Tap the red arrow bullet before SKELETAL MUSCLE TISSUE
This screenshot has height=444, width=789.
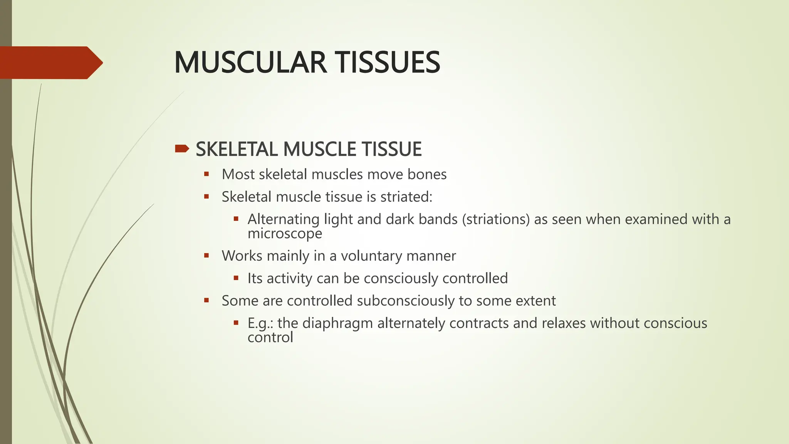click(x=182, y=149)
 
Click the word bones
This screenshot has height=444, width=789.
click(x=427, y=175)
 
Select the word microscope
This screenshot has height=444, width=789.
click(x=285, y=234)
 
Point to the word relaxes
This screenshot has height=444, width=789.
click(x=564, y=323)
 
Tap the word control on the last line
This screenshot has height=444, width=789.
click(x=270, y=338)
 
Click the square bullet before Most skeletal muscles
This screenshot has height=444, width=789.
click(x=206, y=174)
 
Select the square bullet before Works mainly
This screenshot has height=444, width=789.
click(x=206, y=256)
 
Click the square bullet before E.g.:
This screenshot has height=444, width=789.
click(x=236, y=323)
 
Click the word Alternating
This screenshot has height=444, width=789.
click(x=284, y=219)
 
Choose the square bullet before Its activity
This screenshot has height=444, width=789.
click(x=236, y=278)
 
